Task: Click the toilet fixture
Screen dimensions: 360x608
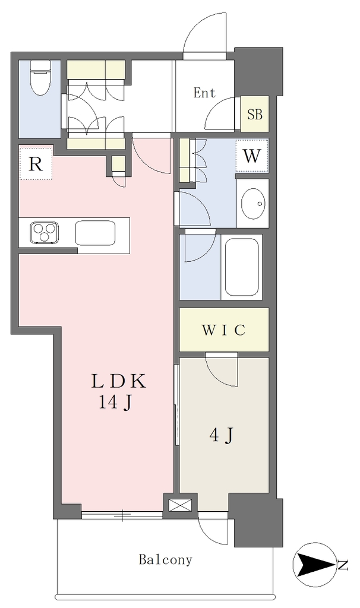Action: click(x=40, y=78)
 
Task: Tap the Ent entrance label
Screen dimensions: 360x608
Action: click(x=204, y=93)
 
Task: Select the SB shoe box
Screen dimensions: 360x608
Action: click(x=254, y=115)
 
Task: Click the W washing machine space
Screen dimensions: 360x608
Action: click(x=252, y=156)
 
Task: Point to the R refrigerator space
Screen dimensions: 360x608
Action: click(x=35, y=163)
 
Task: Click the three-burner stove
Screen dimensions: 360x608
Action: click(x=45, y=233)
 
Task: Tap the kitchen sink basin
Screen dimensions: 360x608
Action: click(x=96, y=233)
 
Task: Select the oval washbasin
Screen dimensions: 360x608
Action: click(x=254, y=203)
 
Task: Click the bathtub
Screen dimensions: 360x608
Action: click(x=242, y=267)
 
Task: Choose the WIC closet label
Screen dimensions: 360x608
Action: click(x=223, y=330)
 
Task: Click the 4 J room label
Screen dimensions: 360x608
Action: click(x=222, y=435)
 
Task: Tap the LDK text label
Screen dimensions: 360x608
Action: click(x=118, y=381)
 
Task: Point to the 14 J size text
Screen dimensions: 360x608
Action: click(x=115, y=402)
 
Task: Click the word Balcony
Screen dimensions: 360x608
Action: click(x=165, y=560)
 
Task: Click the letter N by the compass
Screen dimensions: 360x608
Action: click(x=343, y=565)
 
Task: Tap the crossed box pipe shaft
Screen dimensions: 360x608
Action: click(x=180, y=505)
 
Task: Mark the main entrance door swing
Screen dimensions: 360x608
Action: click(x=204, y=33)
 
